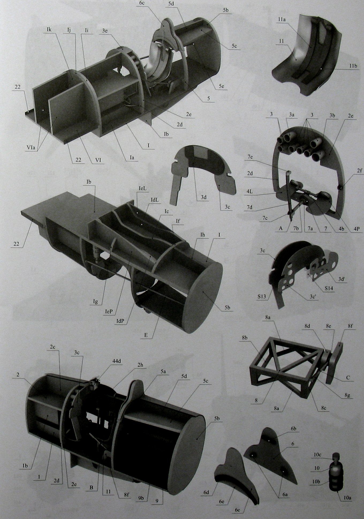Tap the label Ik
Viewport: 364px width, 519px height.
(x=49, y=29)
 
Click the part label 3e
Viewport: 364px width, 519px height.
(x=105, y=31)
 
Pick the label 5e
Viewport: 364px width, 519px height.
(x=221, y=86)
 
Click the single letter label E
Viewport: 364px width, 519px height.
(x=146, y=335)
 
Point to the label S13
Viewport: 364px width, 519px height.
(x=261, y=296)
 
